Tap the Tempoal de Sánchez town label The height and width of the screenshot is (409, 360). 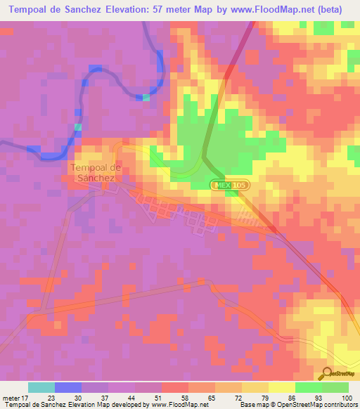pyautogui.click(x=96, y=173)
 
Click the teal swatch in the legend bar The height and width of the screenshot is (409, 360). pyautogui.click(x=41, y=387)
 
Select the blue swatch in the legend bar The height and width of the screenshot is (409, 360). pyautogui.click(x=68, y=387)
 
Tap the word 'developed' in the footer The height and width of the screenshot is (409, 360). pyautogui.click(x=126, y=405)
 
